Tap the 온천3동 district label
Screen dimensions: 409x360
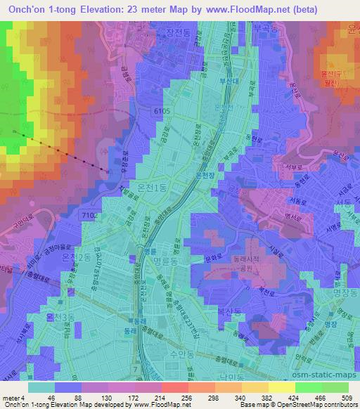pyautogui.click(x=61, y=318)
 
